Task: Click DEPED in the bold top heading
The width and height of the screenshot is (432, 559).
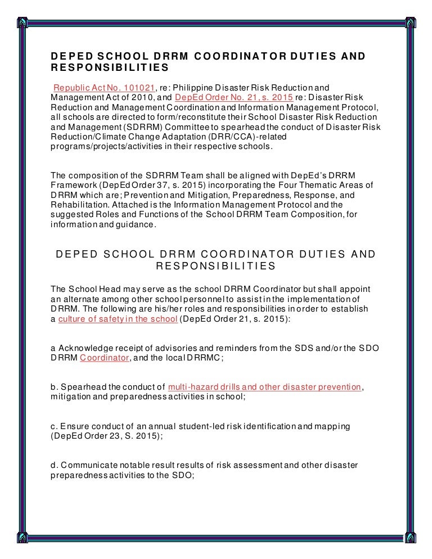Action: [69, 56]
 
